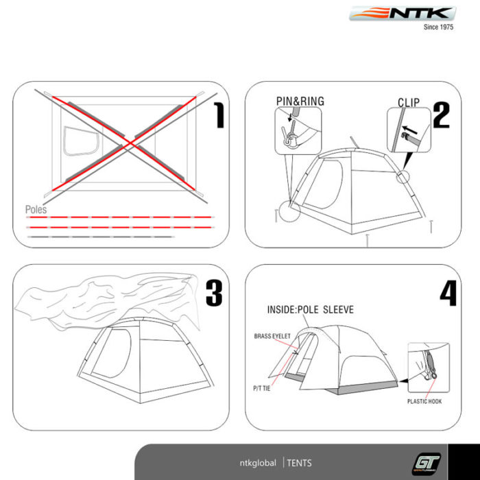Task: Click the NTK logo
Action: pos(403,14)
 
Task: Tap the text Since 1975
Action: pos(438,27)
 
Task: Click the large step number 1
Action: pos(219,115)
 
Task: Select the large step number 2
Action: pos(442,115)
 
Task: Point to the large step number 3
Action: pos(214,293)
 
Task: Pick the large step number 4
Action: pos(448,293)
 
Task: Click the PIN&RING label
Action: pos(300,101)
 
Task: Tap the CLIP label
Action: pos(409,103)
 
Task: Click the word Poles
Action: pos(36,210)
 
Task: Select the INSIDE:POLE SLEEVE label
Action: pos(311,309)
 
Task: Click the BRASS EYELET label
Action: pos(272,336)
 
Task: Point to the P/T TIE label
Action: pos(262,389)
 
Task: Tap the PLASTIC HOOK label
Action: pos(424,401)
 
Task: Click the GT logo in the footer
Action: pos(427,464)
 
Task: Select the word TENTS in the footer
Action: pos(299,463)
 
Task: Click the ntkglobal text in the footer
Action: pos(258,463)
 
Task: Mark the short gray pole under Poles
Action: pos(101,237)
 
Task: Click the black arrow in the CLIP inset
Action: pos(409,130)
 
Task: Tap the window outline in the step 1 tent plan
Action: pos(81,141)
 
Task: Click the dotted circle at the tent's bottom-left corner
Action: pos(289,211)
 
